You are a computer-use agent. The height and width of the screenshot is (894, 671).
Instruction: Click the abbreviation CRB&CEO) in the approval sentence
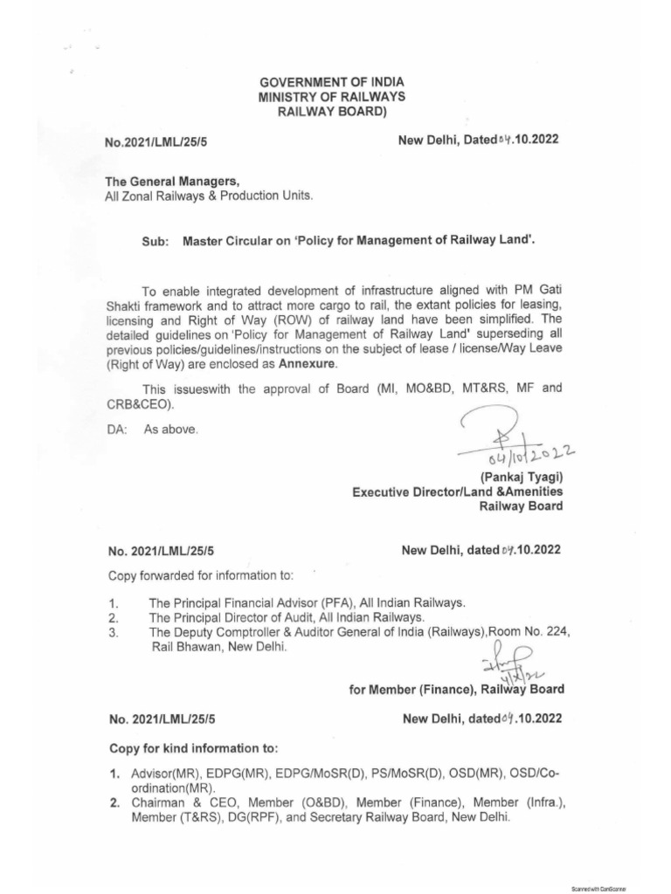pos(140,405)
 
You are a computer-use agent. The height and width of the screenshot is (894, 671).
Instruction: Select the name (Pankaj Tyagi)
pos(522,476)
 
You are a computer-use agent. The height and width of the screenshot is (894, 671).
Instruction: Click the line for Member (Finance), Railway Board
pos(455,689)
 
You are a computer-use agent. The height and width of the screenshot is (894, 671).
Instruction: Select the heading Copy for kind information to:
pos(193,749)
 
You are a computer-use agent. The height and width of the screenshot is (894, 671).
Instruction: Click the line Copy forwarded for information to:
pos(202,576)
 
